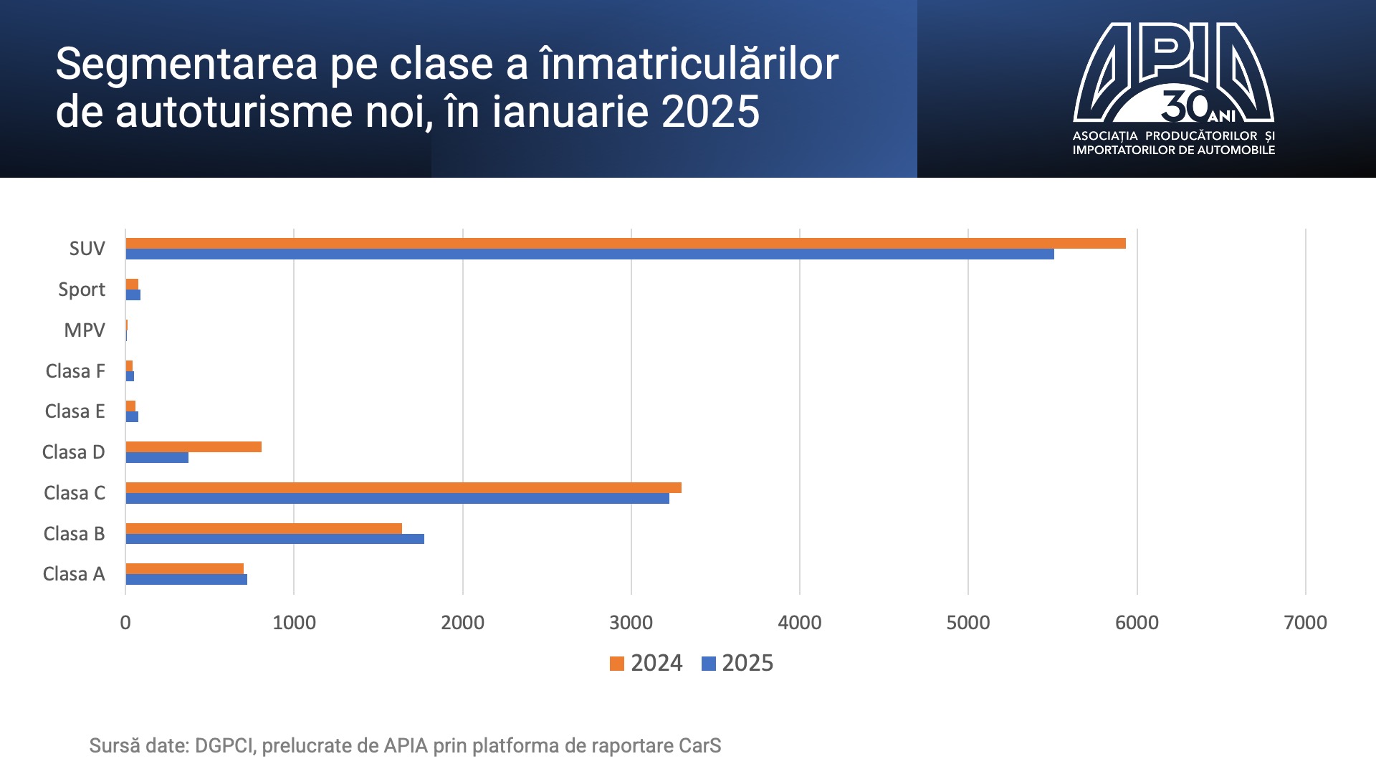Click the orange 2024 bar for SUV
[x=625, y=243]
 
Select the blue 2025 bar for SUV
[x=589, y=254]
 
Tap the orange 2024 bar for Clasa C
[x=403, y=488]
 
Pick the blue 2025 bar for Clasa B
[x=274, y=539]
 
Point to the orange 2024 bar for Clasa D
[x=193, y=447]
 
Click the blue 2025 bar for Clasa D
[x=157, y=458]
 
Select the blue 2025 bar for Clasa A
[x=186, y=580]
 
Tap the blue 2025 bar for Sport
[x=133, y=295]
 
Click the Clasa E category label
[x=75, y=411]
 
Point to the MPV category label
[x=84, y=330]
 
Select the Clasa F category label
[x=75, y=371]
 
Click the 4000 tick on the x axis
[x=799, y=623]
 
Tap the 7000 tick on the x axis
[x=1305, y=623]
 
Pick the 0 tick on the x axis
[x=125, y=623]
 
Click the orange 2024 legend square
[x=616, y=664]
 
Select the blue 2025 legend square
[x=708, y=664]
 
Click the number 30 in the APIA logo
[x=1184, y=106]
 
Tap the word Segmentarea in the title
[x=186, y=64]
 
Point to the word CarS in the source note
[x=699, y=746]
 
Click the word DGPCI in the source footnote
[x=224, y=746]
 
